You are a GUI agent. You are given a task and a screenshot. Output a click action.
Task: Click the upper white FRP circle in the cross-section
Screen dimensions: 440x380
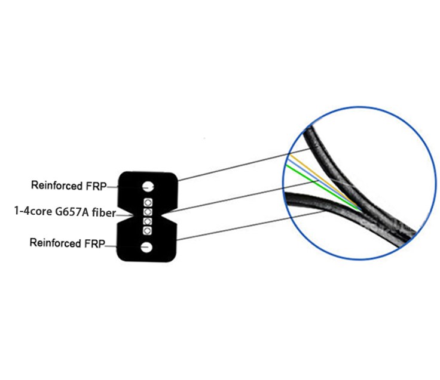pos(148,186)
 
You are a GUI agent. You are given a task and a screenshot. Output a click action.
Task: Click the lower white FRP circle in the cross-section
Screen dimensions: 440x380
pos(146,247)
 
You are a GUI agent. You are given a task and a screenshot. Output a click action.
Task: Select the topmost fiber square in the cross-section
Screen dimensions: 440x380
pos(148,202)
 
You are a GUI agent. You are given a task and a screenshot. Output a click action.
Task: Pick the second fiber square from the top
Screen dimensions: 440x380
pos(148,212)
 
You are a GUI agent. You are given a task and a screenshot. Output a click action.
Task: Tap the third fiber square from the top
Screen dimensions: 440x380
pos(147,221)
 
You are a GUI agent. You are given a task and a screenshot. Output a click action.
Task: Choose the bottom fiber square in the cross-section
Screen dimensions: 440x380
pos(147,231)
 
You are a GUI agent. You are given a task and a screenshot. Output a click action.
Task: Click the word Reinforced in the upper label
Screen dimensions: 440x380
pos(57,186)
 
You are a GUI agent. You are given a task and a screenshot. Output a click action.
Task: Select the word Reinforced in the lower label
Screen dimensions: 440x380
pos(55,243)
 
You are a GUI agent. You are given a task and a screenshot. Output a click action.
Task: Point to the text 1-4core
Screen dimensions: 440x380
pos(33,211)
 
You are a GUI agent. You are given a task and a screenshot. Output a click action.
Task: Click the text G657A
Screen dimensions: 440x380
pos(72,212)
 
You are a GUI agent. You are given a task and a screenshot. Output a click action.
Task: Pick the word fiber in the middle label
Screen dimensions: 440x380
pos(104,212)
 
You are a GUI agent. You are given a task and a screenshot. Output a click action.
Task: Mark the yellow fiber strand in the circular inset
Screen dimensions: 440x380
pos(323,180)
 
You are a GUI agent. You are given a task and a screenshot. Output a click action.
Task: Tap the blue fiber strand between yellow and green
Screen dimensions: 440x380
pos(323,183)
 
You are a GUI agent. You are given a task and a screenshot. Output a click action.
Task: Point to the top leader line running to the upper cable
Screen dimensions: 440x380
pos(244,165)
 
